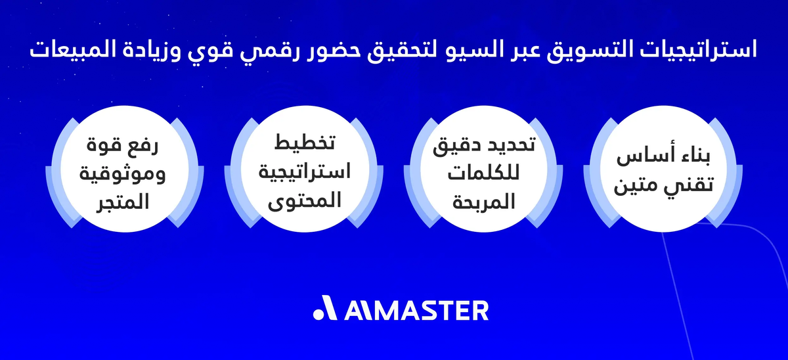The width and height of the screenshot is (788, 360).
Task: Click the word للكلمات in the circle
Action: (x=477, y=173)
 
